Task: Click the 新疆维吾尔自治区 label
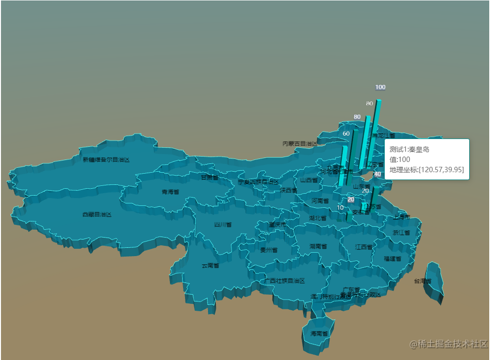(106, 160)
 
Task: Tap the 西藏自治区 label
(97, 215)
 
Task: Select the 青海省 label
(170, 192)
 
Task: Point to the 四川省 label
(223, 225)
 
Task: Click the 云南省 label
(210, 266)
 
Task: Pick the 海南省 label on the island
(319, 334)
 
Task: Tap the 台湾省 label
(422, 281)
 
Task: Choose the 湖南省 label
(318, 247)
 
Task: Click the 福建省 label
(392, 259)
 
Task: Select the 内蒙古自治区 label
(300, 144)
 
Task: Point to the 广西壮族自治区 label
(285, 281)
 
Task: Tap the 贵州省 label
(269, 250)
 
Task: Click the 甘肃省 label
(210, 178)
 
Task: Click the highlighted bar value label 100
(380, 87)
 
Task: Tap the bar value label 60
(346, 134)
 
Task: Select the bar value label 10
(340, 208)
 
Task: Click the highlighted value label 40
(377, 174)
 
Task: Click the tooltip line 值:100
(400, 160)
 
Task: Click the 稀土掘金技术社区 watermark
(449, 344)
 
